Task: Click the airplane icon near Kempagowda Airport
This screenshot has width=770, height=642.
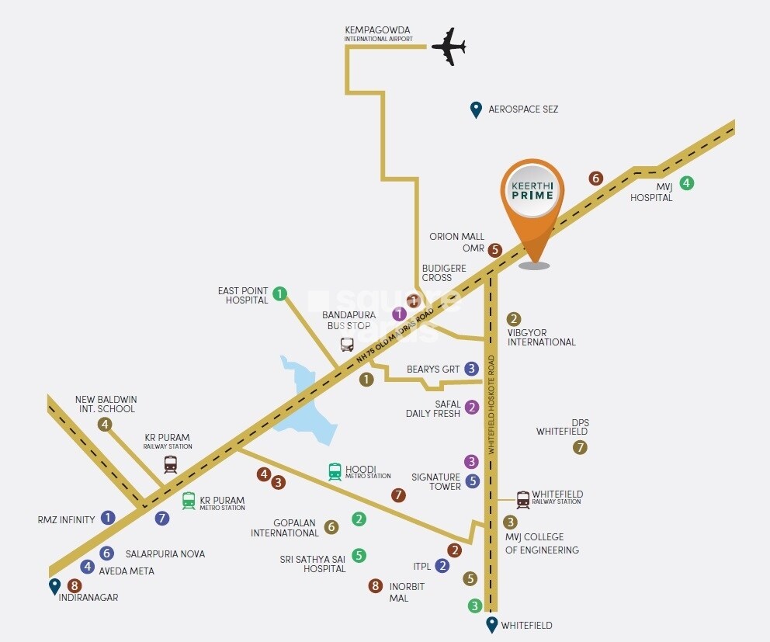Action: tap(448, 47)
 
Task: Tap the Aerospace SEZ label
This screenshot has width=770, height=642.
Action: tap(522, 109)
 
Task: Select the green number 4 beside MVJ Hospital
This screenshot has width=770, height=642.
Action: tap(686, 184)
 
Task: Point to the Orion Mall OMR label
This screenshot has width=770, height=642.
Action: tap(457, 242)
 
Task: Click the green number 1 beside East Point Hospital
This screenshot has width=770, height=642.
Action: tap(280, 294)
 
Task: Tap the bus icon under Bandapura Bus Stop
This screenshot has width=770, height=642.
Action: tap(347, 345)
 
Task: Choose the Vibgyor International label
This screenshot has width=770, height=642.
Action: tap(541, 336)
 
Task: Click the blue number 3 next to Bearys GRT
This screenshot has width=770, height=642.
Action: tap(471, 369)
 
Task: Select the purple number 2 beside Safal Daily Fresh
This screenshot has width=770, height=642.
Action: tap(471, 407)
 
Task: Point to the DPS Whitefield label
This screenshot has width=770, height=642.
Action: tap(561, 426)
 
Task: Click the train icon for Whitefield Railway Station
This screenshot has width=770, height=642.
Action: tap(523, 499)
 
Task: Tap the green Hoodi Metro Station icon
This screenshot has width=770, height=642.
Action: tap(335, 471)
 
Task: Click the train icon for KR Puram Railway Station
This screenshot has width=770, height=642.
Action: tap(170, 464)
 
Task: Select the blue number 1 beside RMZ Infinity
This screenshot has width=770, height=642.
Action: tap(108, 517)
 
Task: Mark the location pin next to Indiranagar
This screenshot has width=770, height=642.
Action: tap(54, 586)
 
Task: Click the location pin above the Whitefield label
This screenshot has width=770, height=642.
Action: tap(491, 624)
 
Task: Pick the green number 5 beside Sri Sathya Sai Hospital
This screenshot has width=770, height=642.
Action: tap(359, 555)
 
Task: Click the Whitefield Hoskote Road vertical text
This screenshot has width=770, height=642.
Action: tap(491, 404)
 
